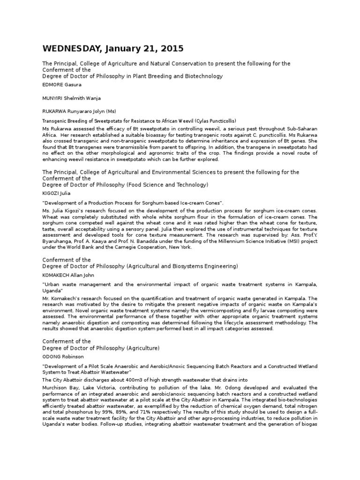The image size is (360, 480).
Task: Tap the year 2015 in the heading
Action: click(x=170, y=49)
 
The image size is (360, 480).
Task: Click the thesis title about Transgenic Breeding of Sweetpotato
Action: click(x=139, y=120)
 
